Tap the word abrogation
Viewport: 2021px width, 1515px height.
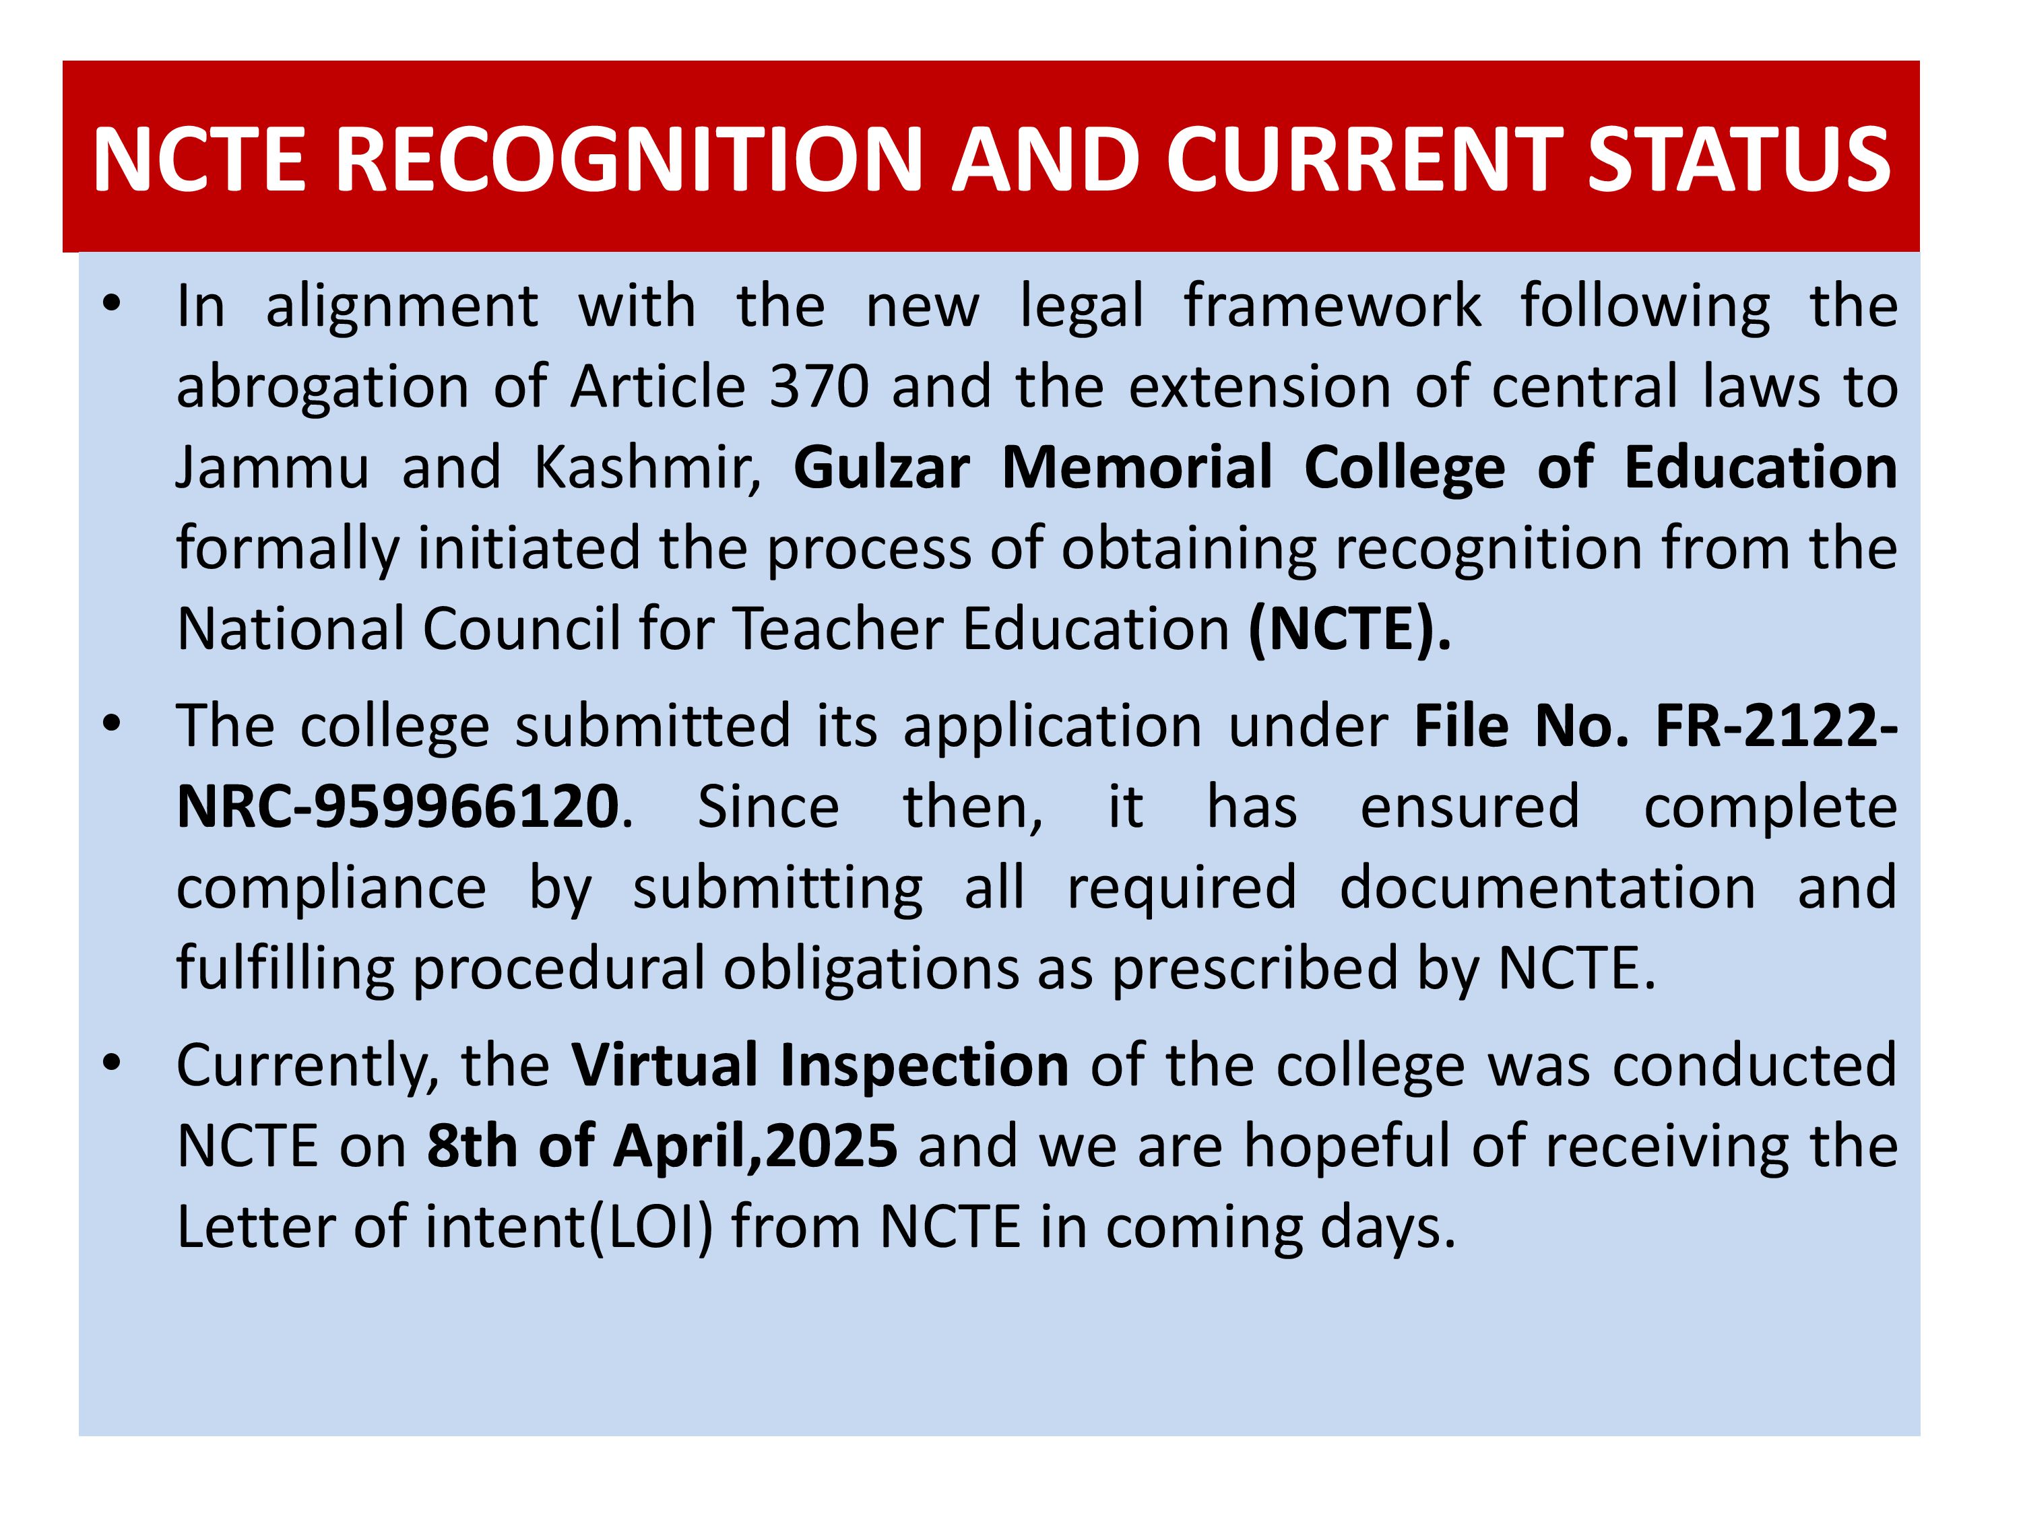click(323, 388)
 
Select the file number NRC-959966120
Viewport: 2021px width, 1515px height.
click(397, 807)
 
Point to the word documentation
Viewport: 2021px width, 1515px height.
click(1547, 887)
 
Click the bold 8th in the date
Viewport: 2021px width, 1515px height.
click(472, 1146)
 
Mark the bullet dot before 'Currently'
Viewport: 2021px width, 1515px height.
click(111, 1064)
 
